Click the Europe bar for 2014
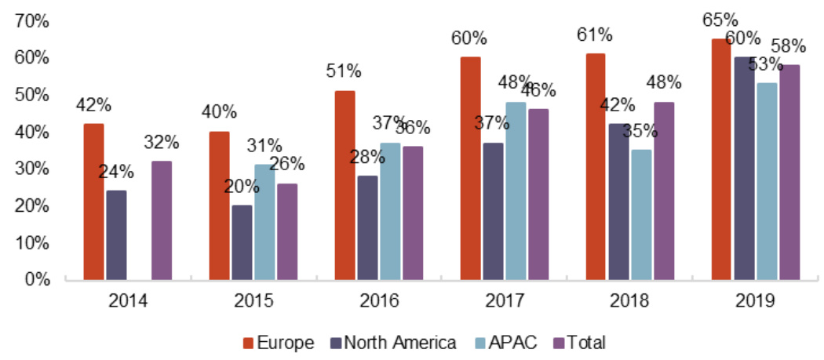pos(93,202)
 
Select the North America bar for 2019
pos(744,168)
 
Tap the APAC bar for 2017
pos(516,191)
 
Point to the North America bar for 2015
pos(242,242)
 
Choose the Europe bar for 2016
pos(345,185)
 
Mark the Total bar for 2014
pos(161,220)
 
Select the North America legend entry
pos(396,342)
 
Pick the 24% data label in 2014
pos(116,172)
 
